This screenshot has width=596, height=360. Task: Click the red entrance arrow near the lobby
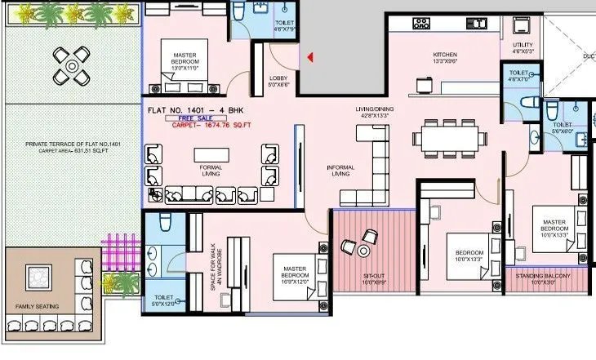(310, 57)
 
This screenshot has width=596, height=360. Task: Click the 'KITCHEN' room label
(445, 56)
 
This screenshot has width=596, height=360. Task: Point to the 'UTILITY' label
(523, 46)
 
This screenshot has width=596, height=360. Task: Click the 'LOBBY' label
(278, 78)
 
